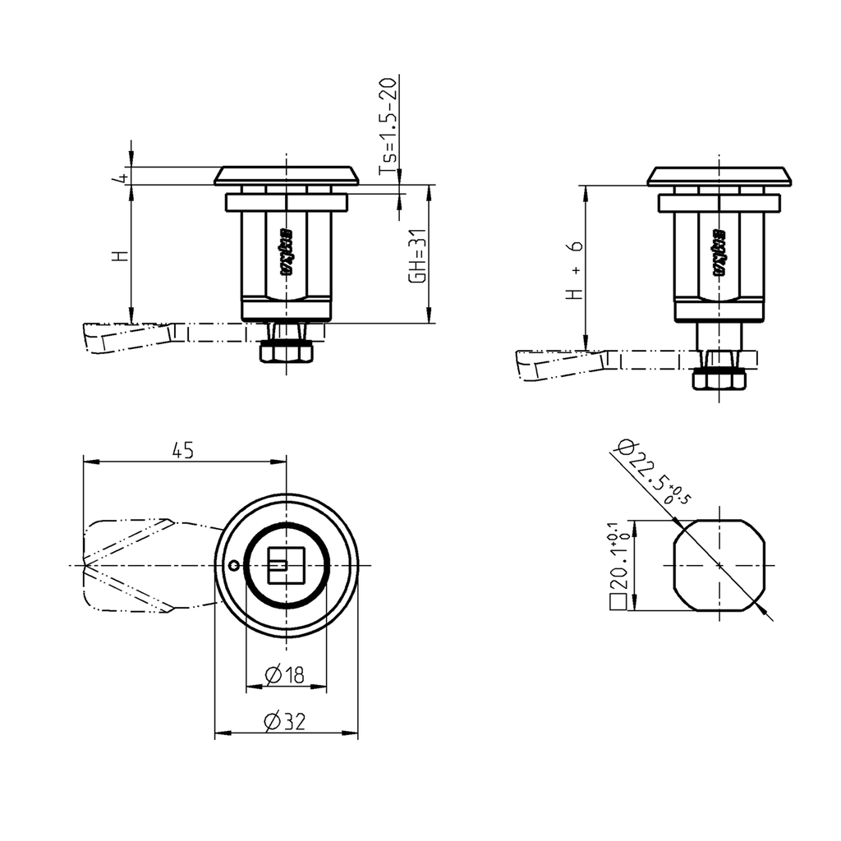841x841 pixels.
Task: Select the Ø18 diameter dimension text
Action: [x=285, y=674]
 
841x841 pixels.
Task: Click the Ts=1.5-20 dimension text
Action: [x=388, y=126]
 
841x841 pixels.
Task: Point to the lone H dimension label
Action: [x=122, y=255]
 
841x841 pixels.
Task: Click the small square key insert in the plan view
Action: [x=286, y=565]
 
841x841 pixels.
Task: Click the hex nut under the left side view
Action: [x=286, y=352]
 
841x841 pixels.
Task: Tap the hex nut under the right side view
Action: [x=719, y=379]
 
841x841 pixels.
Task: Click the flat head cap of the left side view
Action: [x=287, y=176]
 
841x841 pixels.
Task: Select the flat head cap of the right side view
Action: [x=719, y=176]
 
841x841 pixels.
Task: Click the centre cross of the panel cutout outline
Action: [x=719, y=565]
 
